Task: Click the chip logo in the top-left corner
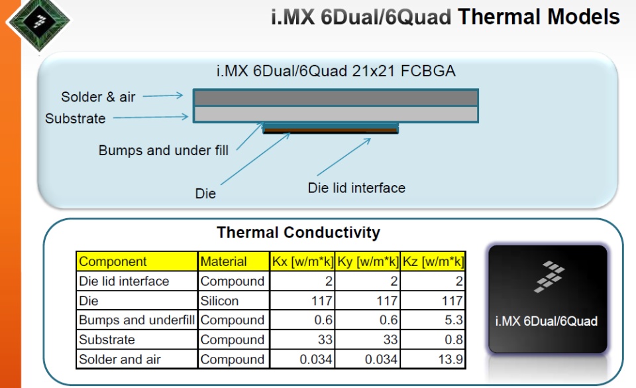39,21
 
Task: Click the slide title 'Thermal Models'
539,17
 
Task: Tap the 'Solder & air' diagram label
98,97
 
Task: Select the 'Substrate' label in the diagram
76,119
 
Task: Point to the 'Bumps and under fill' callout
164,150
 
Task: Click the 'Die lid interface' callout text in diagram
356,188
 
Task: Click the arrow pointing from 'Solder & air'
163,96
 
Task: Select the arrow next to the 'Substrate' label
150,117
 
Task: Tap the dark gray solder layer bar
336,97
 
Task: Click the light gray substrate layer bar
336,114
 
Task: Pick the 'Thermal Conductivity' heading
299,233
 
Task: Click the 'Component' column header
113,261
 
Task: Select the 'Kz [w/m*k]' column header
433,261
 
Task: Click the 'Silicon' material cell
219,300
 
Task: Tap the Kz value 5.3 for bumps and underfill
453,320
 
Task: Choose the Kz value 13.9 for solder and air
450,359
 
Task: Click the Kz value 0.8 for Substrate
453,340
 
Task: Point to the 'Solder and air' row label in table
120,359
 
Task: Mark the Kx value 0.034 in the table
316,359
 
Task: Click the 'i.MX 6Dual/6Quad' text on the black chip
547,321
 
